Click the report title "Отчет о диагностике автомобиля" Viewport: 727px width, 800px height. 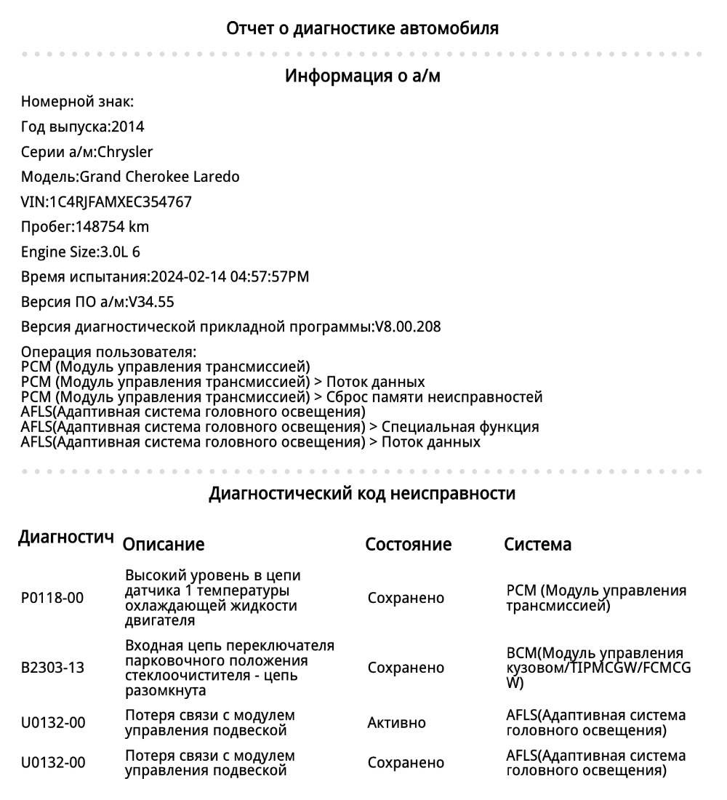tap(362, 29)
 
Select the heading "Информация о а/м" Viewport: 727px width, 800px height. tap(362, 76)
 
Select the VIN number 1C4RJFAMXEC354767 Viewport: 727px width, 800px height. tap(120, 201)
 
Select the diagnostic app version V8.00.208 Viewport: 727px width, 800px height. tap(407, 327)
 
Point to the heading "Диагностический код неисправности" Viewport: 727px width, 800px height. tap(362, 495)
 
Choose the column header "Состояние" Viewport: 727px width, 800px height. tap(408, 545)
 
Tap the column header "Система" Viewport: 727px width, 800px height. tap(537, 545)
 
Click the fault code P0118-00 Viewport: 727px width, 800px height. tap(52, 598)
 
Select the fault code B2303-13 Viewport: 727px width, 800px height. tap(52, 668)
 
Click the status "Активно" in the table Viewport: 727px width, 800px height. tap(397, 724)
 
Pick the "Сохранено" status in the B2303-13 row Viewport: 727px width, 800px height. tap(406, 668)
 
